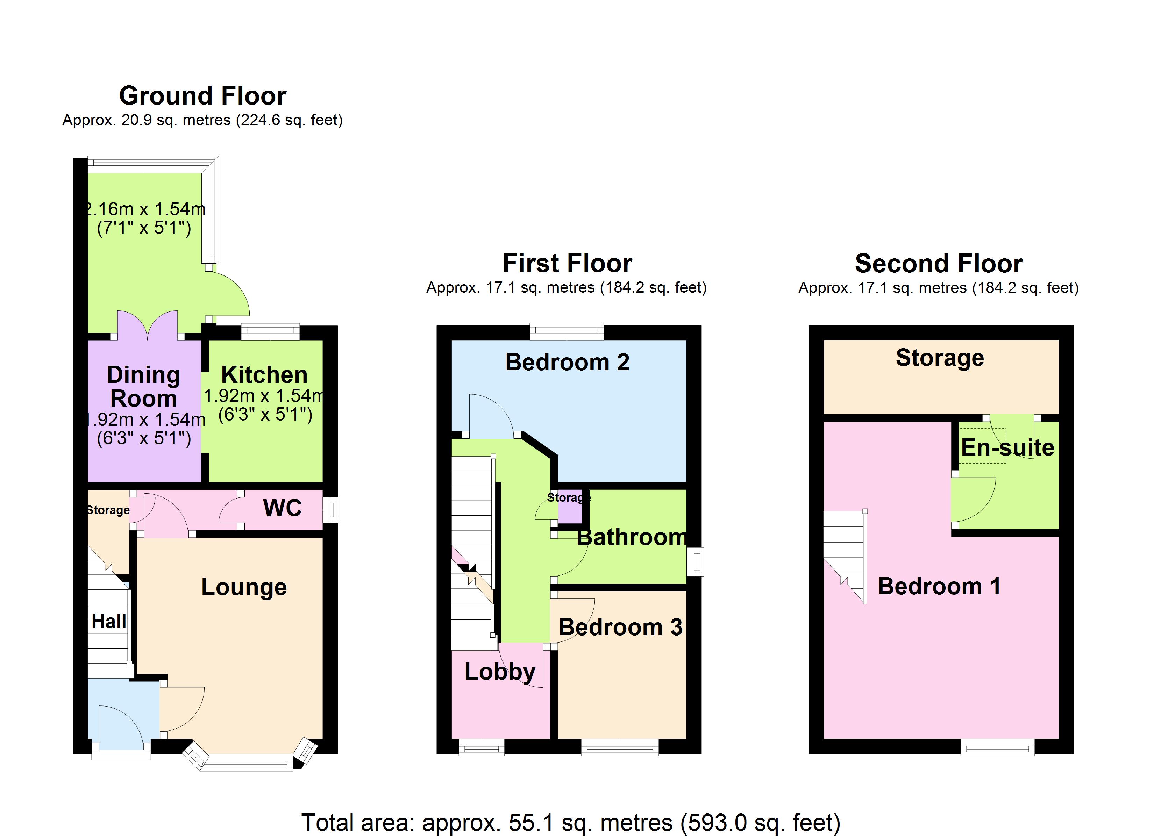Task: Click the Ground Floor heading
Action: click(x=202, y=96)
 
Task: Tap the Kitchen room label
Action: click(x=264, y=375)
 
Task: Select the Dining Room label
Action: click(x=143, y=387)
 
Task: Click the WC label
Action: click(x=283, y=508)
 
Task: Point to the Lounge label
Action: click(x=244, y=587)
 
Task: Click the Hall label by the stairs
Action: click(x=109, y=621)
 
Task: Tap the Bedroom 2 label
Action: click(x=567, y=362)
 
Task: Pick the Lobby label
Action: click(x=500, y=672)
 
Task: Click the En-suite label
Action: click(x=1007, y=448)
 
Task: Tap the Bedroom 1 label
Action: click(x=939, y=586)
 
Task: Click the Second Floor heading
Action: click(x=939, y=264)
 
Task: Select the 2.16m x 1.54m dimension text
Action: click(x=144, y=209)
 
